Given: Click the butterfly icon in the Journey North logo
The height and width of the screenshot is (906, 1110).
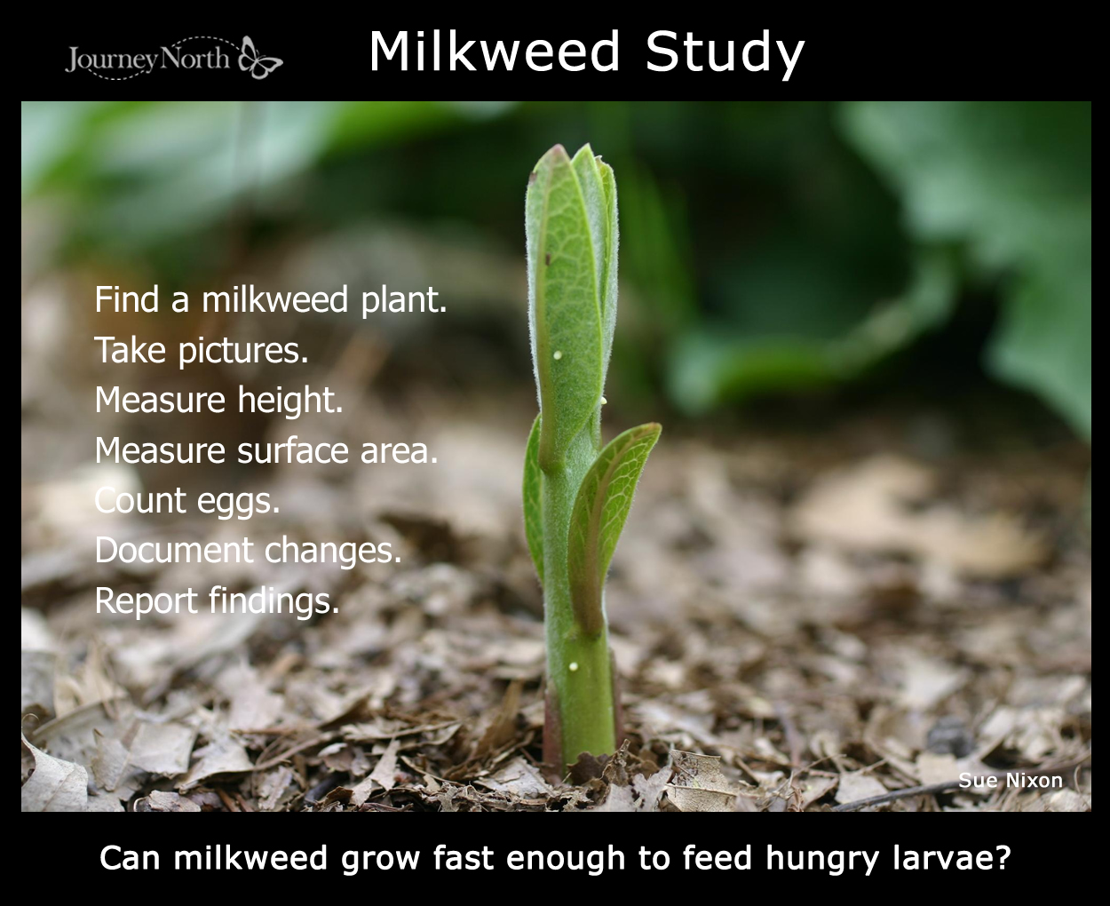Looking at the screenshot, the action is point(260,58).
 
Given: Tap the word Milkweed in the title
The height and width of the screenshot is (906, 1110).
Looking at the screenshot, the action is point(495,52).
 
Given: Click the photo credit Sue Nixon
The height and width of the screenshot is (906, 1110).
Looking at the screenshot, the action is point(1010,780).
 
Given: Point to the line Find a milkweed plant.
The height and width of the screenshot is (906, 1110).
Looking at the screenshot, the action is point(271,300).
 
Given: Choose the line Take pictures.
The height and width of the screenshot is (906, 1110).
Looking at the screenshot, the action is point(201,350).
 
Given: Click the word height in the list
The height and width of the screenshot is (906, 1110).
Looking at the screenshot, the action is point(290,400).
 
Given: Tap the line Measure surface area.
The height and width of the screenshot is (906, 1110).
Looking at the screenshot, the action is point(266,450).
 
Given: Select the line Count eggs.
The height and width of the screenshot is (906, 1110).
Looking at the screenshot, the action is point(186,501).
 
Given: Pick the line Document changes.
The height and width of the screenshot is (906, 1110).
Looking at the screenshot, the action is point(248,551).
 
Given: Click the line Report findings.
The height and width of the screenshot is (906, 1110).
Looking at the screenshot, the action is point(217,600).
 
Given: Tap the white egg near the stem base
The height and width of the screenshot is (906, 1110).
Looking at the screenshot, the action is point(574,666).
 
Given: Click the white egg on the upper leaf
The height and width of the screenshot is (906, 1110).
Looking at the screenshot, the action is point(558,355).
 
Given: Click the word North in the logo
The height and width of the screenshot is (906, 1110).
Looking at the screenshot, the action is point(194,58).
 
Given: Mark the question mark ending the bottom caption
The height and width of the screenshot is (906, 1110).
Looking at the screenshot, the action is point(1003,857).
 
